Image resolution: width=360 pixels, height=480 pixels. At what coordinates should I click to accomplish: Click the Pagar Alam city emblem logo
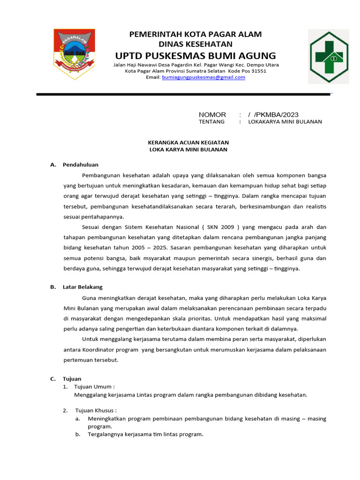click(x=75, y=53)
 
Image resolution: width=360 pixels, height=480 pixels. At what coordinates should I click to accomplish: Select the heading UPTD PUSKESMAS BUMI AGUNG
click(x=195, y=56)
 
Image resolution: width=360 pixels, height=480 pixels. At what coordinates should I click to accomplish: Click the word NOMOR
click(x=212, y=115)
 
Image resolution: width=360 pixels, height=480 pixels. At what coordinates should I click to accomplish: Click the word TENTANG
click(x=211, y=122)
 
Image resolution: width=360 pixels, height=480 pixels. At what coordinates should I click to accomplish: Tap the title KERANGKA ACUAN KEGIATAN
click(x=188, y=142)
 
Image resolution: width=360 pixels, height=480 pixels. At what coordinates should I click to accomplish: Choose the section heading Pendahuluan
click(x=81, y=165)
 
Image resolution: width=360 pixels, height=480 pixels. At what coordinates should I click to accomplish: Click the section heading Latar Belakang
click(x=82, y=287)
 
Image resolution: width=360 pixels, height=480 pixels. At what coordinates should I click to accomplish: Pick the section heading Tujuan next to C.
click(x=72, y=379)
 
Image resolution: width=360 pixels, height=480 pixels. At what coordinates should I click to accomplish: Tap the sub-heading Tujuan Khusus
click(x=95, y=411)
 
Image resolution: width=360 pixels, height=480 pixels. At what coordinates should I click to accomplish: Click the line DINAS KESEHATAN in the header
click(x=195, y=45)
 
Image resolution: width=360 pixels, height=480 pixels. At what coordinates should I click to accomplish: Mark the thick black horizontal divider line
click(x=183, y=95)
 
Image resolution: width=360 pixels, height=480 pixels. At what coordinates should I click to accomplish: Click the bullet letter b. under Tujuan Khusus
click(x=77, y=435)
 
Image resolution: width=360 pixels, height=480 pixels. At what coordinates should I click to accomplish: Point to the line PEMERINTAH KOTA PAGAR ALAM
click(x=195, y=34)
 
